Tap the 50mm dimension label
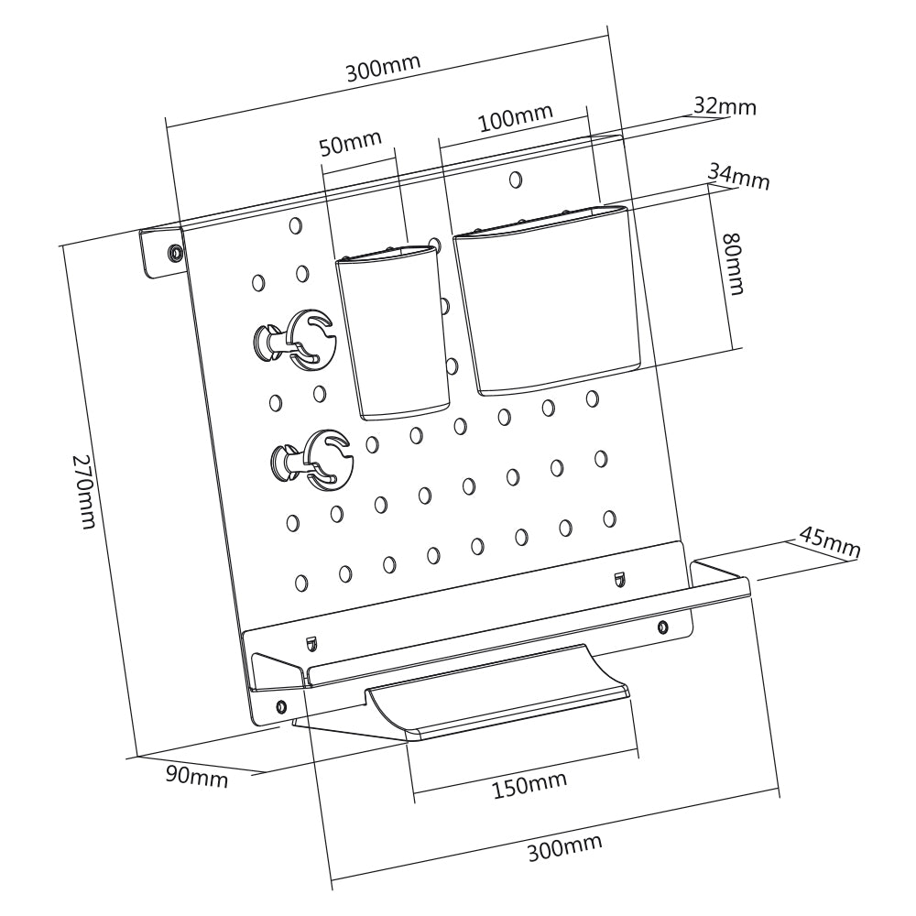(x=351, y=142)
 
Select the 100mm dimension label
(x=515, y=117)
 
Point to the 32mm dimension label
(x=725, y=107)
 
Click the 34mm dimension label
(x=739, y=177)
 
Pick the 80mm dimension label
(x=734, y=264)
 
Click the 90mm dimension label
(x=197, y=777)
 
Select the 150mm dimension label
(x=529, y=785)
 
